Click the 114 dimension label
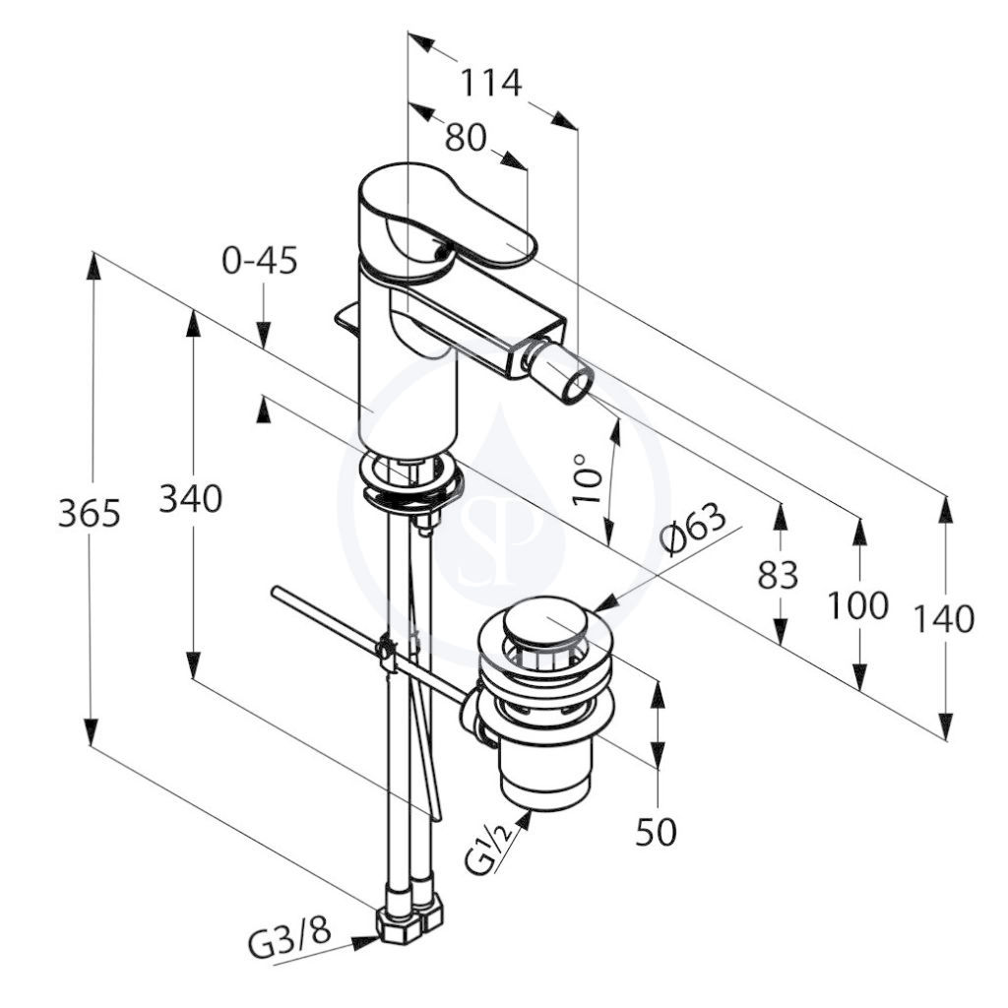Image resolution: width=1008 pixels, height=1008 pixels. pos(491,83)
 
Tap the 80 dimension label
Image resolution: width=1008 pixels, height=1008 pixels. pos(466,137)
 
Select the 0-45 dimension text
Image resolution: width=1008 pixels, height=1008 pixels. pos(260,261)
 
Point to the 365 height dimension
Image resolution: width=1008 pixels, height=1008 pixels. pos(90,512)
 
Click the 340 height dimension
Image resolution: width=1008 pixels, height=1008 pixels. pos(190,497)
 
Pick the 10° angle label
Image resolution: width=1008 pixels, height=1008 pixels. pos(587,479)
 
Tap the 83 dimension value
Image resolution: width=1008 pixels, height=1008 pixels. pos(778,574)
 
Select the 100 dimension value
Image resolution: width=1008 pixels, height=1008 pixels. pos(857,605)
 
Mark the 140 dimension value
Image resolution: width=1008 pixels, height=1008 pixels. pos(944,619)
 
